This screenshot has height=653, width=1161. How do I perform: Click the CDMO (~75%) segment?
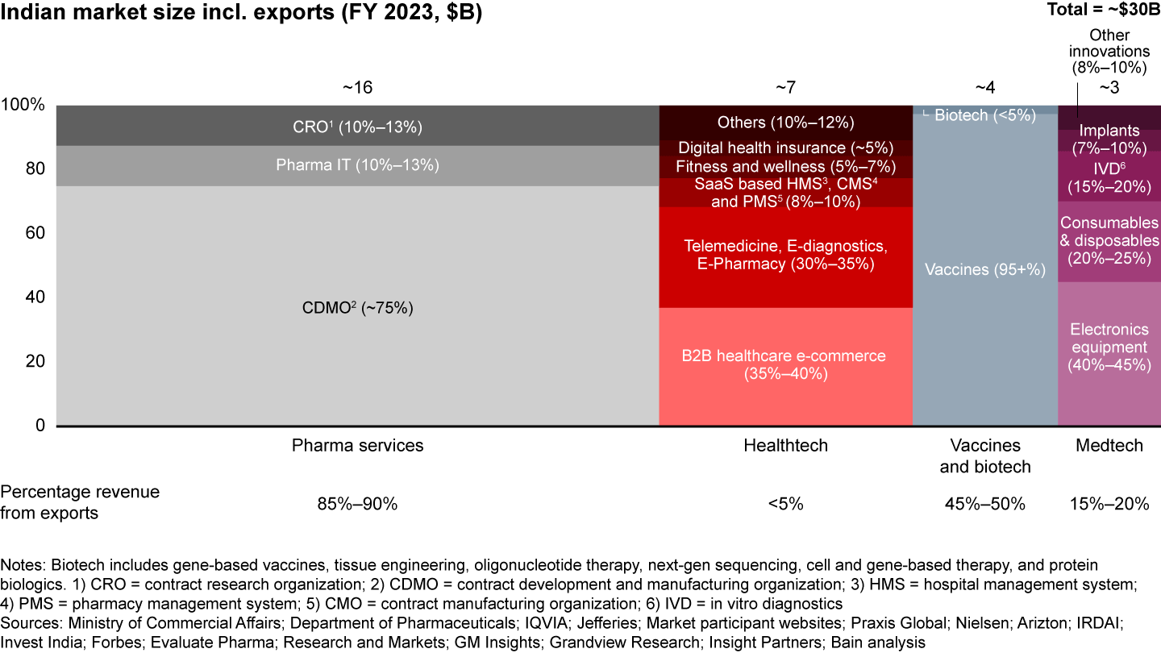click(x=357, y=307)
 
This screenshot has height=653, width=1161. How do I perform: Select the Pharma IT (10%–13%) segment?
click(x=357, y=165)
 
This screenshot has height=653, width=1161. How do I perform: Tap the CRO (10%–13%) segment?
click(x=357, y=127)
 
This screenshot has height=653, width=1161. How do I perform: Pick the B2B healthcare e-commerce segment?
click(x=785, y=365)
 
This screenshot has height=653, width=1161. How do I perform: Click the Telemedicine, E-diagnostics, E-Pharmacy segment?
click(x=785, y=255)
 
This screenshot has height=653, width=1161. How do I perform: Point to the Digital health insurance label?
click(x=785, y=148)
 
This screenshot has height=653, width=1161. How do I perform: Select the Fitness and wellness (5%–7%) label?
click(x=785, y=167)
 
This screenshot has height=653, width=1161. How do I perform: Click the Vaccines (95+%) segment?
click(x=984, y=269)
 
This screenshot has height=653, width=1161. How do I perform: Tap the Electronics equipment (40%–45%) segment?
click(x=1109, y=347)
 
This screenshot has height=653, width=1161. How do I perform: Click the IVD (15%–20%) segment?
click(x=1109, y=177)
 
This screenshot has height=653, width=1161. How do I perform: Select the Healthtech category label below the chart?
click(x=785, y=446)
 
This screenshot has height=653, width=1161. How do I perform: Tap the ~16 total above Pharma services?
click(x=357, y=87)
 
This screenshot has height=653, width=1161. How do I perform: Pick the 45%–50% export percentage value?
click(x=984, y=505)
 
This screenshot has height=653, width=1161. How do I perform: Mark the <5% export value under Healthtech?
click(x=785, y=505)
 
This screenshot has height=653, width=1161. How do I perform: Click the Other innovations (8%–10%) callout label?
click(x=1109, y=52)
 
